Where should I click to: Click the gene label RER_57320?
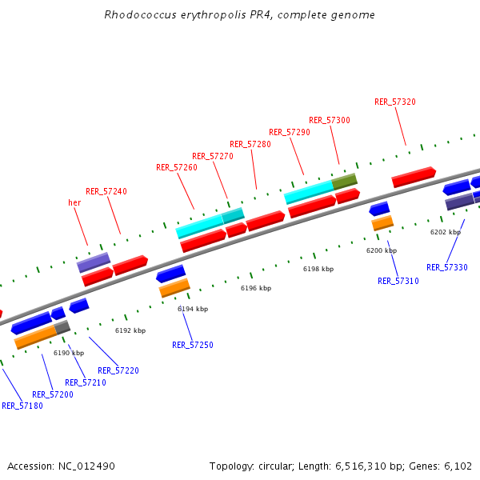[395, 102]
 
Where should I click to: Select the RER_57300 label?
[330, 120]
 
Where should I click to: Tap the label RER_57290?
[290, 132]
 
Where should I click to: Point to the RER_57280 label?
[250, 144]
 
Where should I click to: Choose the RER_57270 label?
[213, 156]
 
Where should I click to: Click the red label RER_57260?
[177, 167]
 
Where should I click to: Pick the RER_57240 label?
[106, 191]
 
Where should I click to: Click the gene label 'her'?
[75, 203]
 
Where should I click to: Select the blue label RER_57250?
[193, 345]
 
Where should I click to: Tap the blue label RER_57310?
[398, 281]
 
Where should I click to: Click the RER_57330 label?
[447, 267]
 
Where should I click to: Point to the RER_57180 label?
[22, 406]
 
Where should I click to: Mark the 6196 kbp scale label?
[256, 288]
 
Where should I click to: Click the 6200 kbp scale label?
[382, 250]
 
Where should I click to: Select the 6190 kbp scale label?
[69, 353]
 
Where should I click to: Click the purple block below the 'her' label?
[94, 262]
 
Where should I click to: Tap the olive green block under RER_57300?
[345, 181]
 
